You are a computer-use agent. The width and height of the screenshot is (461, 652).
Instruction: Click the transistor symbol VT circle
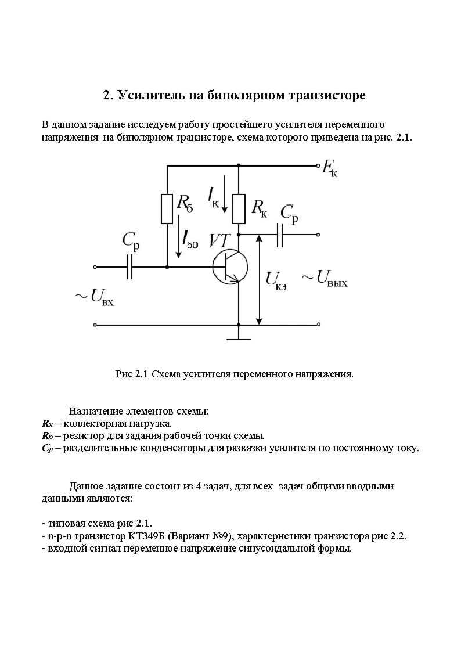[230, 267]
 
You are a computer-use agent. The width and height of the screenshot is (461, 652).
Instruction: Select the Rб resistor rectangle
[167, 209]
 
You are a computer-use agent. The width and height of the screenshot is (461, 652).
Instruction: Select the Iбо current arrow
[180, 235]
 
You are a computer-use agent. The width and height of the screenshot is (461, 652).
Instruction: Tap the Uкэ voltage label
[276, 280]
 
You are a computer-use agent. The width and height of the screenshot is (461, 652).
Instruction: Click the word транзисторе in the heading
[325, 95]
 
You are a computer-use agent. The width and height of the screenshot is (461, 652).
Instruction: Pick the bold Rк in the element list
[48, 423]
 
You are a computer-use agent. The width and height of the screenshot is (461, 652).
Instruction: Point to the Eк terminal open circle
[318, 166]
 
